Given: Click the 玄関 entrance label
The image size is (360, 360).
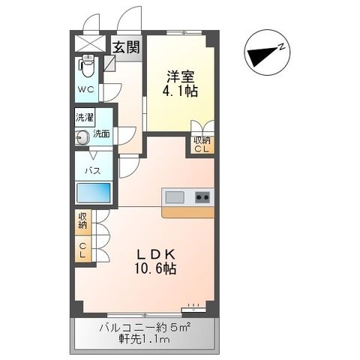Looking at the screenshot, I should pos(126,47).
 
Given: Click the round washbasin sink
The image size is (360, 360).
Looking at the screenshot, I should pos(81,136).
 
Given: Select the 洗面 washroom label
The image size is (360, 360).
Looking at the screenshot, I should pos(101,135).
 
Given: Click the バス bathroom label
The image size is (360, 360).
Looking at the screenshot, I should pos(92,170).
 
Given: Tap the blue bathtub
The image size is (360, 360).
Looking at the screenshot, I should pos(93,193).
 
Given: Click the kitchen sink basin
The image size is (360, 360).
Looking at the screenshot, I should pos(175,197).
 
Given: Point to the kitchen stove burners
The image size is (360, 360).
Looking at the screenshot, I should pos(202,197).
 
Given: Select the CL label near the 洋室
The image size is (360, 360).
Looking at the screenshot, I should pos(202,148).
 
